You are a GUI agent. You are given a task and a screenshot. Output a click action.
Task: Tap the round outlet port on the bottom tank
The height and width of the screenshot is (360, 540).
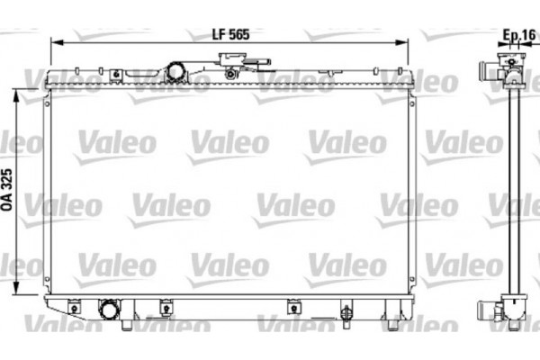tap(110, 310)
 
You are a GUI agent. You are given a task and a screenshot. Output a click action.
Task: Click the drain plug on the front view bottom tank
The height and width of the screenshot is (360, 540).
tap(345, 314)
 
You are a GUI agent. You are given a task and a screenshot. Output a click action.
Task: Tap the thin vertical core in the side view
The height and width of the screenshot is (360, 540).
tap(515, 189)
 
